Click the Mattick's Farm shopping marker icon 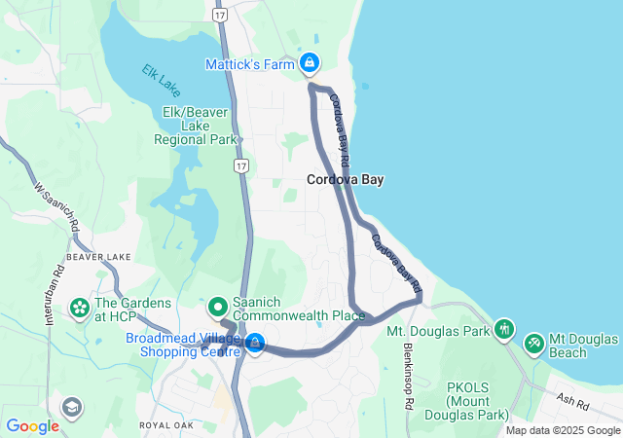click(310, 63)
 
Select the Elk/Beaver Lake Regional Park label click(196, 126)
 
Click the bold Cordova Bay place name click(345, 179)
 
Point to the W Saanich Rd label click(56, 205)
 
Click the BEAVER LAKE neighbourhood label click(98, 256)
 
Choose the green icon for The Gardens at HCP click(78, 309)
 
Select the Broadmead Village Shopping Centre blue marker click(255, 343)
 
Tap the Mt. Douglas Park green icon click(503, 330)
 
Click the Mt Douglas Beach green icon click(533, 344)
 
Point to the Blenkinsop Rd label click(409, 375)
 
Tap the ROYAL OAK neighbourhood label click(167, 425)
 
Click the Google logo click(32, 425)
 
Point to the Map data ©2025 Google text click(562, 430)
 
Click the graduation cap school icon click(71, 406)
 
